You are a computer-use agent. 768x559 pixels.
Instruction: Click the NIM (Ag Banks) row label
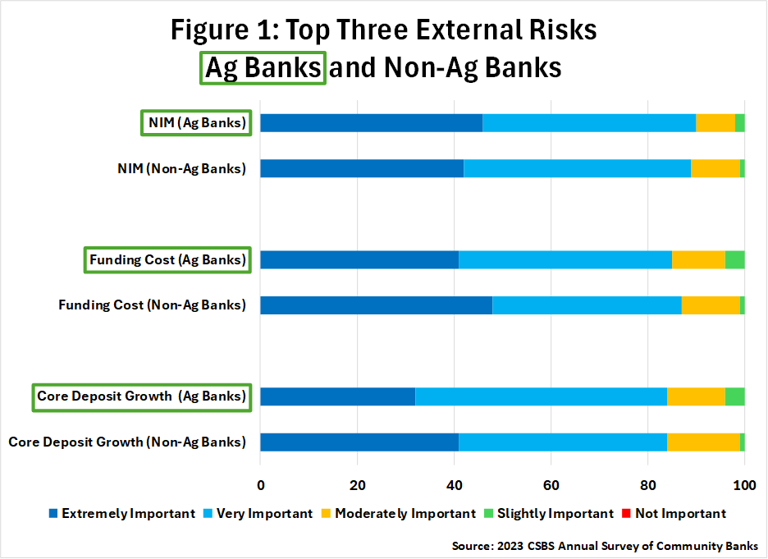(x=197, y=122)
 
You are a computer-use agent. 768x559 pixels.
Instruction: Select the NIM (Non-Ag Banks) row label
(x=181, y=168)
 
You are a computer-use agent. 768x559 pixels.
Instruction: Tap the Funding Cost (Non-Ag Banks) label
(x=153, y=305)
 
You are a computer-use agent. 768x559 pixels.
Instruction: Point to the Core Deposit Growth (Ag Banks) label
(x=142, y=396)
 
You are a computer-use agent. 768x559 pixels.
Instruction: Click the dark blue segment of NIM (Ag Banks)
(x=371, y=123)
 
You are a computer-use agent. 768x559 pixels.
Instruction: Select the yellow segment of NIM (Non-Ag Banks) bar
(x=715, y=168)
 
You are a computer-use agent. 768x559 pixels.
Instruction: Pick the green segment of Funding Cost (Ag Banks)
(x=734, y=259)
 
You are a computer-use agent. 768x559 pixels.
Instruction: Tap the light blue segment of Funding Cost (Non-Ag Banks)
(x=587, y=305)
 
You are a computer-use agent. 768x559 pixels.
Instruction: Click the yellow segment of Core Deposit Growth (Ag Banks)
(x=696, y=396)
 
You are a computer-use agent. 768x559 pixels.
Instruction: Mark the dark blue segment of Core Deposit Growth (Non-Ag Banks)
(x=359, y=442)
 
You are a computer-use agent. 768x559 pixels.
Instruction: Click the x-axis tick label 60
(x=551, y=485)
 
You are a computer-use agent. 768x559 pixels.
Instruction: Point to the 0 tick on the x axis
(x=261, y=485)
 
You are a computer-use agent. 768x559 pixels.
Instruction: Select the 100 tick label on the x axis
(x=744, y=485)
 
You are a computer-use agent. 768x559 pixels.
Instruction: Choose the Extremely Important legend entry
(x=122, y=513)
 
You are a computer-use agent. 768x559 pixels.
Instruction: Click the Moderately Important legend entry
(x=399, y=513)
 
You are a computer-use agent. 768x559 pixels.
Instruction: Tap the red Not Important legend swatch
(x=626, y=513)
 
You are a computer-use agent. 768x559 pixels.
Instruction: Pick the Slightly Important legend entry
(x=549, y=513)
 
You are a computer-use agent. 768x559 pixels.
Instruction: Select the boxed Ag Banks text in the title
(x=263, y=67)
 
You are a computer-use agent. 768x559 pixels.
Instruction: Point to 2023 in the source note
(x=510, y=546)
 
